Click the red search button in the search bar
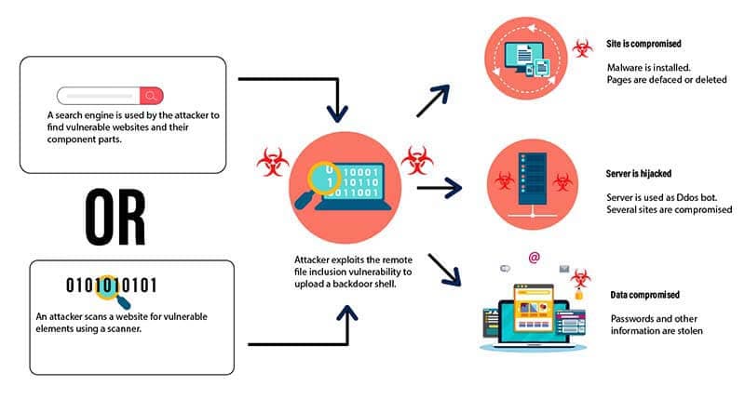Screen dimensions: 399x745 point(152,95)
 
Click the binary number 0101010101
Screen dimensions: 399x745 point(111,285)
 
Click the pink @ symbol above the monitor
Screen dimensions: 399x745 point(534,258)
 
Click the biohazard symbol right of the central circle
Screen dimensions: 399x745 point(416,162)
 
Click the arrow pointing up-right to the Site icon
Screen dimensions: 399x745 point(433,100)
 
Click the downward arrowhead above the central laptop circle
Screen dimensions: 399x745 point(338,113)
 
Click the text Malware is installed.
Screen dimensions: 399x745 point(647,67)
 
